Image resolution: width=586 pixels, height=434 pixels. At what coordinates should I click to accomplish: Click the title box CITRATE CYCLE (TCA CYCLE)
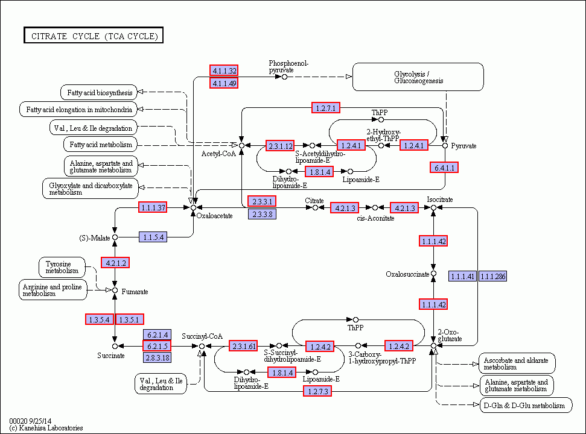(x=94, y=36)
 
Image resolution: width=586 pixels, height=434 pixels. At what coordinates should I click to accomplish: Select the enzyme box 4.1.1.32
(x=224, y=71)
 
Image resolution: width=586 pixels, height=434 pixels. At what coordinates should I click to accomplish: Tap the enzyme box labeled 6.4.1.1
(x=445, y=167)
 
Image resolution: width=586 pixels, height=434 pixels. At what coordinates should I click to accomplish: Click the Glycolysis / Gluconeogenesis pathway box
(x=418, y=77)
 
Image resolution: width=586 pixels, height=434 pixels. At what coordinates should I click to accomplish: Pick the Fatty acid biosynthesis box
(x=100, y=92)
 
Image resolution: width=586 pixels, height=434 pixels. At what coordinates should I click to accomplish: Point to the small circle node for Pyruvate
(x=445, y=145)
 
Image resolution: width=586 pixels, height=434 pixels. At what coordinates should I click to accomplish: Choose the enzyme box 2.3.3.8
(x=262, y=214)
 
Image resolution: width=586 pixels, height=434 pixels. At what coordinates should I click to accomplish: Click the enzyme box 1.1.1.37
(x=153, y=207)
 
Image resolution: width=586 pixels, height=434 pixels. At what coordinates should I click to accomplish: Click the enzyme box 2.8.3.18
(x=157, y=357)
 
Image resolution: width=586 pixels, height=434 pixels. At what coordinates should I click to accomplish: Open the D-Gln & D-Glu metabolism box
(x=526, y=406)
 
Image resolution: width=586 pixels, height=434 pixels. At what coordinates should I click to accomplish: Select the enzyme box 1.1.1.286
(x=492, y=277)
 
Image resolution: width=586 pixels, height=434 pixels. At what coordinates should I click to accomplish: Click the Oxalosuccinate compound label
(x=407, y=275)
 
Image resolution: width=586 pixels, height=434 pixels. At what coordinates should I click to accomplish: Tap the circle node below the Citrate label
(x=315, y=207)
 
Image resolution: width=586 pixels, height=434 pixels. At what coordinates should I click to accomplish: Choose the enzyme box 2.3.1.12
(x=281, y=146)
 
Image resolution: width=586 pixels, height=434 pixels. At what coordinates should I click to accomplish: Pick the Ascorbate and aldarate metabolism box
(x=517, y=363)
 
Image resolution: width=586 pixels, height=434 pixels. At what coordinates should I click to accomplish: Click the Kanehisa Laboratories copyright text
(x=46, y=428)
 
